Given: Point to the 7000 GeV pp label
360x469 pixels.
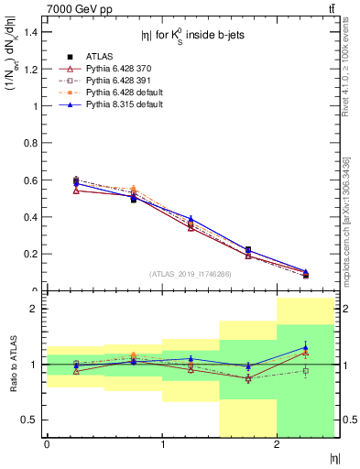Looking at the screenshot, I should (74, 8).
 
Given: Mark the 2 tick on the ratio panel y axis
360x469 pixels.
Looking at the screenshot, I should (38, 309).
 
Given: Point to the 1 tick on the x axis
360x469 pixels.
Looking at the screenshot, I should (162, 446).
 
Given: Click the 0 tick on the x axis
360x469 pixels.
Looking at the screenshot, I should (47, 446).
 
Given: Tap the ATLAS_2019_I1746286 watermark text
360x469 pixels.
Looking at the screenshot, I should (191, 274).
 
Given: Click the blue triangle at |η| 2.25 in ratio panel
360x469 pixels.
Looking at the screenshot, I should (306, 347).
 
